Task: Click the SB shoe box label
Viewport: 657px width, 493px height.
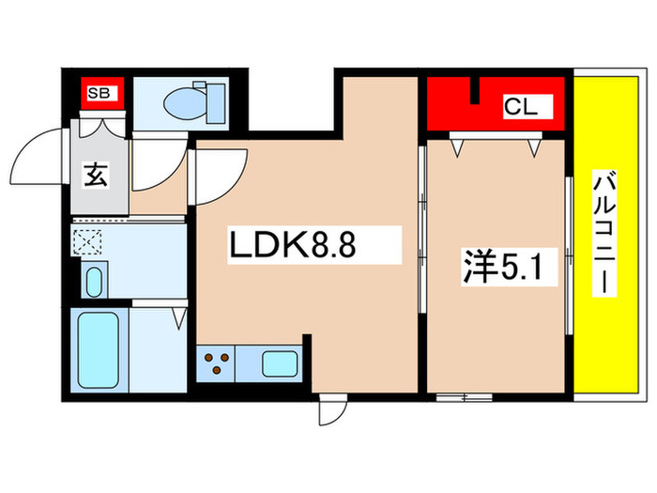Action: (x=96, y=91)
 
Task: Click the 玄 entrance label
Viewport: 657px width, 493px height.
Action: (x=96, y=175)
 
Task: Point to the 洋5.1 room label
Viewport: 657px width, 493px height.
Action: (x=497, y=266)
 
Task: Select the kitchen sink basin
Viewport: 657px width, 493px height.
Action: (x=279, y=362)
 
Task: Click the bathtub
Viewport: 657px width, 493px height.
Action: (x=97, y=350)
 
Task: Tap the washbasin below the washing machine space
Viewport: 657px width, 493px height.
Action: (x=93, y=280)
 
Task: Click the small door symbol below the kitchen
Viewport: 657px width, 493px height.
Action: (x=331, y=409)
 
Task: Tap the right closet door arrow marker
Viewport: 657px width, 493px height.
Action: (x=536, y=146)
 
